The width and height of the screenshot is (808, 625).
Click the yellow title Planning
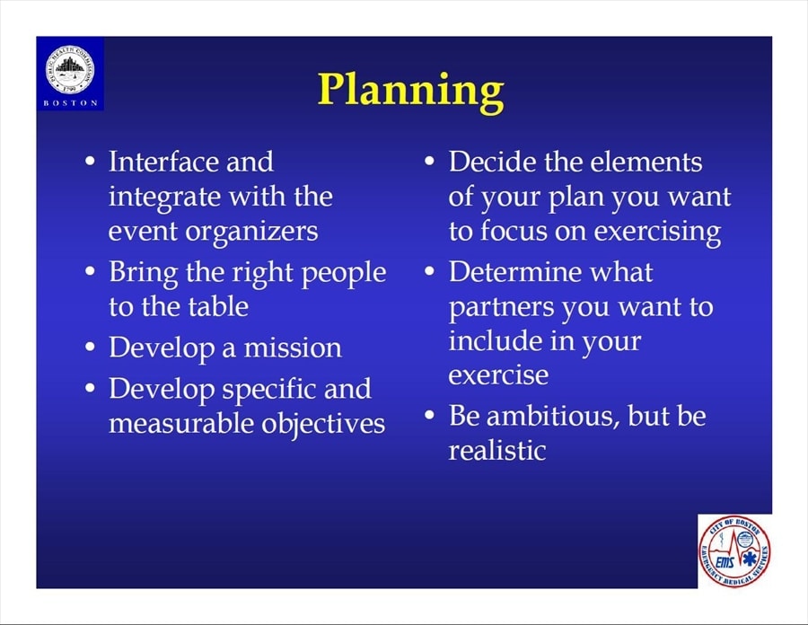point(410,91)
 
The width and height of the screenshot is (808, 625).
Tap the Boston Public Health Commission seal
point(70,69)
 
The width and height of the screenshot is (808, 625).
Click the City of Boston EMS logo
point(734,551)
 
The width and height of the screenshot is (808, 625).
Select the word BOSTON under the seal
point(70,103)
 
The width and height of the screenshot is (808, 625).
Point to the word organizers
point(251,232)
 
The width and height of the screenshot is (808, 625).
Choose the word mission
point(292,348)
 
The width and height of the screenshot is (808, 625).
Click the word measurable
point(180,424)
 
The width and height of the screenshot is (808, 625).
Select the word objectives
point(323,425)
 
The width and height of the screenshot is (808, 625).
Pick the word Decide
point(493,162)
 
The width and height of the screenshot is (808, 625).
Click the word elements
point(646,162)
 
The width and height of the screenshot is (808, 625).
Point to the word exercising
point(657,232)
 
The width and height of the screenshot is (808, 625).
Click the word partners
point(501,308)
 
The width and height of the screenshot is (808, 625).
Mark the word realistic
point(497,450)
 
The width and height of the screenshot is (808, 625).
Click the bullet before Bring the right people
point(90,271)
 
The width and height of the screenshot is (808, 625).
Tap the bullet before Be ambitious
point(430,415)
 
